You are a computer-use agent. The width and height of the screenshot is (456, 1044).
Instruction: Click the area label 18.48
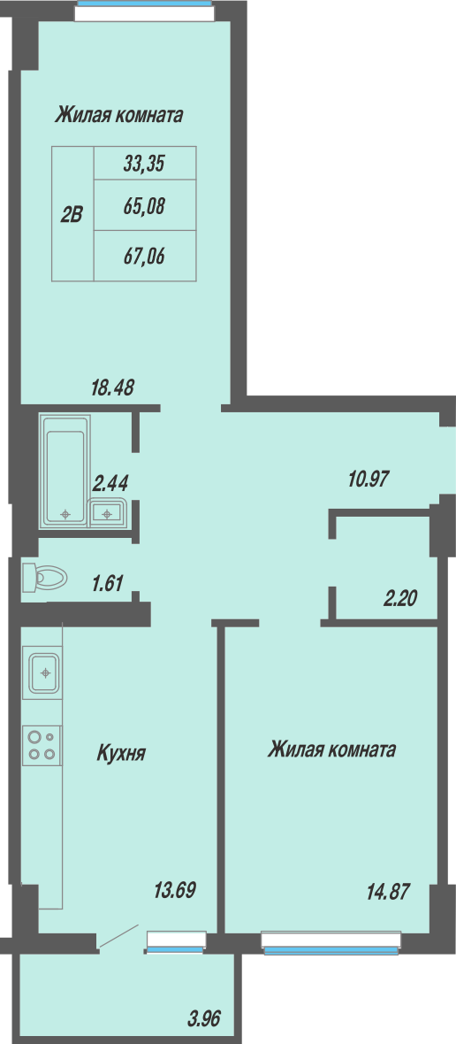[112, 387]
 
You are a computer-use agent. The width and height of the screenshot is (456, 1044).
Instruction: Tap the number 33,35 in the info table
[143, 163]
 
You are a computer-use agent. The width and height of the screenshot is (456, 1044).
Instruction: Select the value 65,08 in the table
[143, 206]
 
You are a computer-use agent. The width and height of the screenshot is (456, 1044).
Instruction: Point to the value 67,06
[143, 255]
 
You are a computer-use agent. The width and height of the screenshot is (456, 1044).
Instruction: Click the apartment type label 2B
[71, 214]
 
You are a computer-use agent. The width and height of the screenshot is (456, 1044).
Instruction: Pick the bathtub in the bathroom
[65, 471]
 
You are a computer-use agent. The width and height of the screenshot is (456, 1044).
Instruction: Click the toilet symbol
[44, 577]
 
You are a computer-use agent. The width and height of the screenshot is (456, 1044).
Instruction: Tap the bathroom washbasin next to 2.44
[107, 512]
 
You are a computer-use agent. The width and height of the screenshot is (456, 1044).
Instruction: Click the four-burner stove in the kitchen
[42, 744]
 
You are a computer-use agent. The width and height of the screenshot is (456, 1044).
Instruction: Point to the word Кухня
[122, 753]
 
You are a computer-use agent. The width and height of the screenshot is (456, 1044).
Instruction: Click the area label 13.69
[175, 889]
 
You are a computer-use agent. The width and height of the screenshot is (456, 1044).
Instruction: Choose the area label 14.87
[388, 891]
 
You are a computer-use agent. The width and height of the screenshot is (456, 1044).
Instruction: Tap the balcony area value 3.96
[204, 1018]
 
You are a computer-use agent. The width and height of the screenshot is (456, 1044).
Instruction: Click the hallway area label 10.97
[369, 478]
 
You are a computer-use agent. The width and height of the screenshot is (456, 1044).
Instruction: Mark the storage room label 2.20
[400, 599]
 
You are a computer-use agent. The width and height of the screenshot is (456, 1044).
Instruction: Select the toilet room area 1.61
[108, 584]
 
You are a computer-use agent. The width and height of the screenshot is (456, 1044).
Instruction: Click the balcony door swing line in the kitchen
[118, 935]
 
